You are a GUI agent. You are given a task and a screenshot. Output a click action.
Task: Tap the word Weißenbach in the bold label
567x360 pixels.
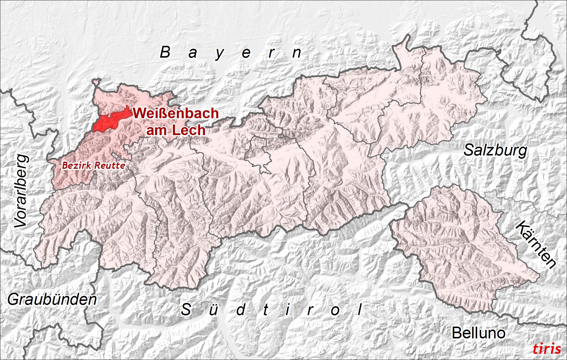click(x=176, y=113)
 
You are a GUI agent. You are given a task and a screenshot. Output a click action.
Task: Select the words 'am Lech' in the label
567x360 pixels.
click(x=176, y=130)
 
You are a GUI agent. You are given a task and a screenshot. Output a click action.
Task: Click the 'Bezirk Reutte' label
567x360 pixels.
click(x=94, y=165)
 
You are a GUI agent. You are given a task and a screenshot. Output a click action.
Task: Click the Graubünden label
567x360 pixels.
click(x=52, y=299)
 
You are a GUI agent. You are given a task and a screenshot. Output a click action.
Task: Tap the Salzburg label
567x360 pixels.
click(x=495, y=150)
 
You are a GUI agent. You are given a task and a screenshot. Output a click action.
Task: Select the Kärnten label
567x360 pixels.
click(x=536, y=244)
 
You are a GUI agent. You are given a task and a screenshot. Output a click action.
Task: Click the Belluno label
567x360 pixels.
click(x=478, y=333)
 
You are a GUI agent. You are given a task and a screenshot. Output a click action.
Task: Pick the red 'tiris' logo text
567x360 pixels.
click(x=547, y=349)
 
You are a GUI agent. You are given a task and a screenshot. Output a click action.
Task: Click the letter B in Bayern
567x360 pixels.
click(x=165, y=52)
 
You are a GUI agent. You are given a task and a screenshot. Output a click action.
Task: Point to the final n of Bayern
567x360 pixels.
click(x=297, y=53)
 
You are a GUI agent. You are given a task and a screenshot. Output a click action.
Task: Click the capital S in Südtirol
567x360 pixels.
click(x=186, y=309)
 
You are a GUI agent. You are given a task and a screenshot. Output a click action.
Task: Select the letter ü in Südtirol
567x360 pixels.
click(x=213, y=310)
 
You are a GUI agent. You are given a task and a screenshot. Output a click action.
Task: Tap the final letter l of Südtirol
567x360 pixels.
click(x=360, y=309)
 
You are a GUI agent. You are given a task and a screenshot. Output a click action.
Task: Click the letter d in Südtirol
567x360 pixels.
click(x=241, y=309)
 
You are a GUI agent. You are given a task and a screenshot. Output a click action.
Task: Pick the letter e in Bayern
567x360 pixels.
click(x=246, y=53)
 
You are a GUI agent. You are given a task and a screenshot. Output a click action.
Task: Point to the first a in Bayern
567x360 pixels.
click(x=192, y=53)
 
